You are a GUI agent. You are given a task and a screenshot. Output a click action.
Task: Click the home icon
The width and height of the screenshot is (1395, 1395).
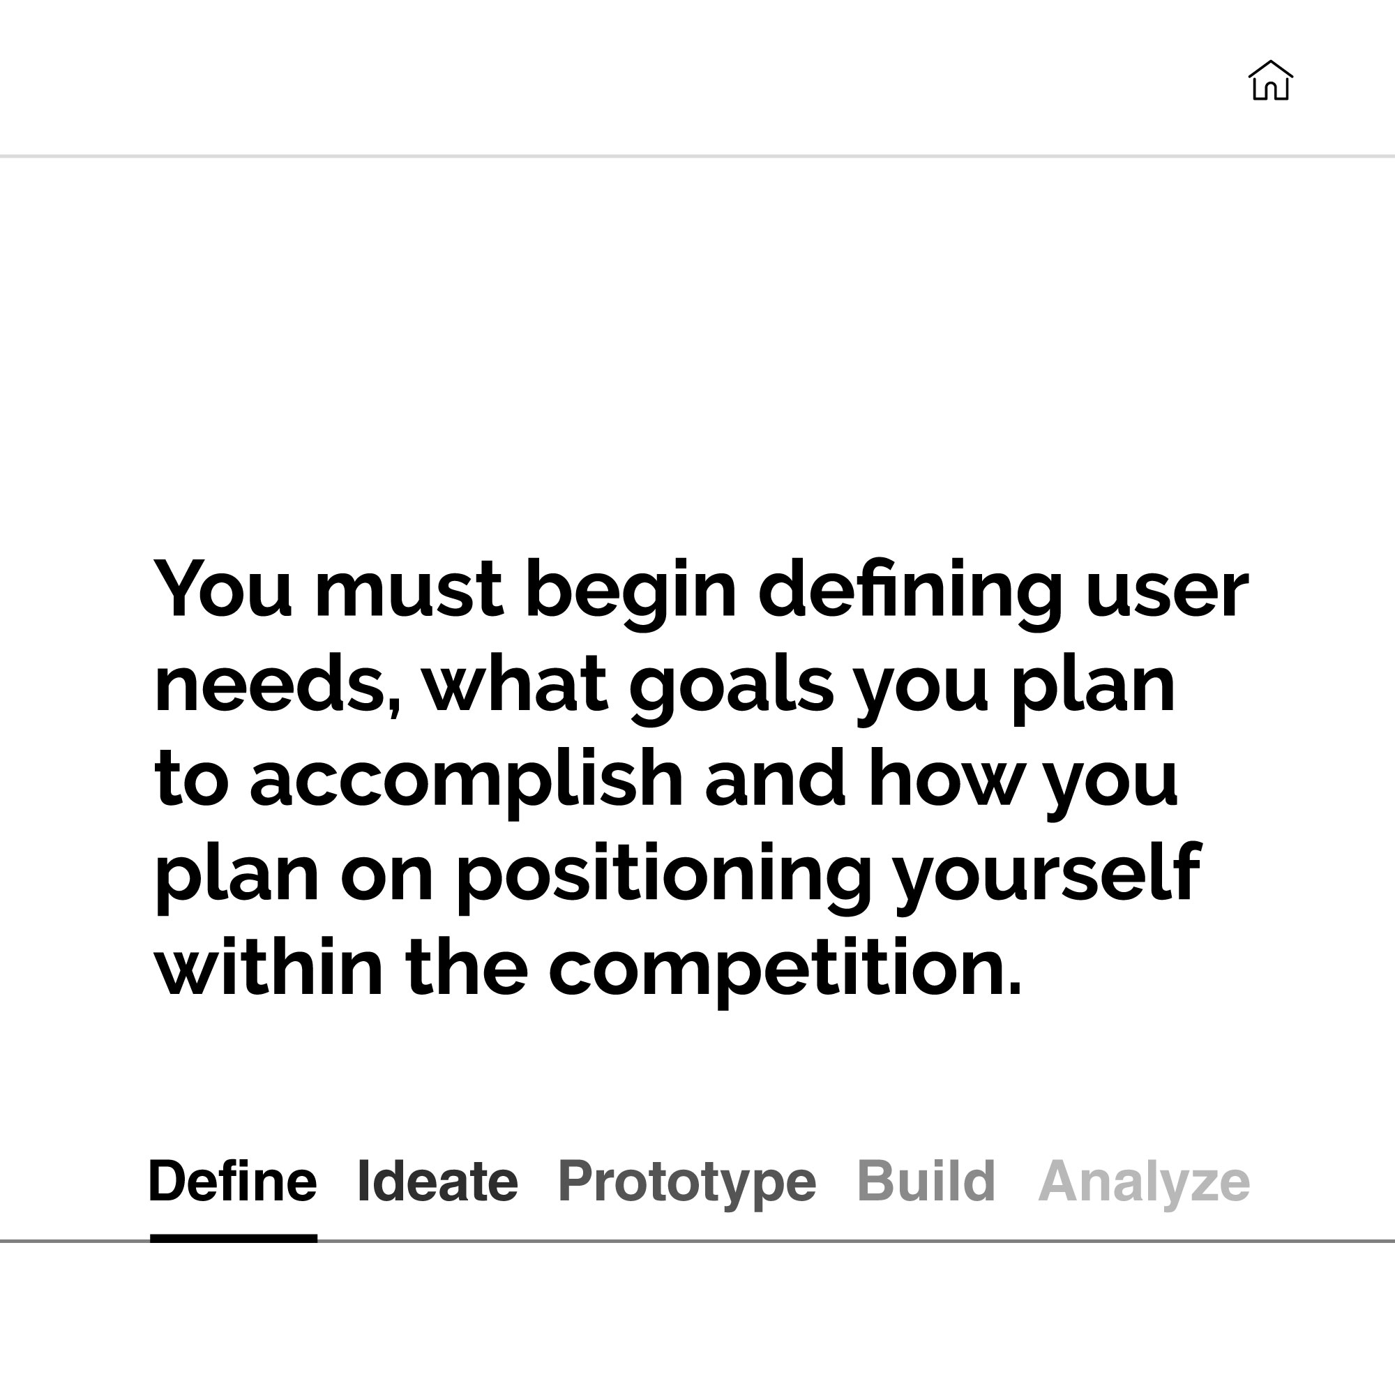tap(1270, 80)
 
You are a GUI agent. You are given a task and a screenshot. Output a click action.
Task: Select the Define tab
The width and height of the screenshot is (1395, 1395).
tap(232, 1182)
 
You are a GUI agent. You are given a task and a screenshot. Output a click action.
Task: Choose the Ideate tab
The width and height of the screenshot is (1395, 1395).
tap(437, 1182)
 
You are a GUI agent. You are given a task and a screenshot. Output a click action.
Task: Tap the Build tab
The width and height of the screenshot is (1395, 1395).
tap(926, 1182)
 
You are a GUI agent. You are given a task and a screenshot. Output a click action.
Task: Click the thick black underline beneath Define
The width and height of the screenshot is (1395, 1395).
tap(233, 1239)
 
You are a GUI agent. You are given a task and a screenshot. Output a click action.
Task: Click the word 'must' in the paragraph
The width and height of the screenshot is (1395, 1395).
tap(409, 591)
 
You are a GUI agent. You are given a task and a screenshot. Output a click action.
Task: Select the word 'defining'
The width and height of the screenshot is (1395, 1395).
tap(910, 594)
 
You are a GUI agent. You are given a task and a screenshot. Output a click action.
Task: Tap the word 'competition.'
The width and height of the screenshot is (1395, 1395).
tap(785, 971)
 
